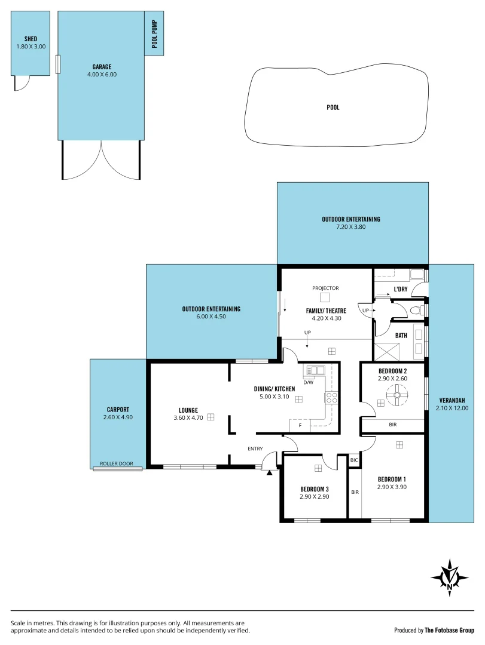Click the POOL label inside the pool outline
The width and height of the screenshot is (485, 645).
[333, 107]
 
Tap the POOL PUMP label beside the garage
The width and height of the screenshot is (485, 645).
[154, 34]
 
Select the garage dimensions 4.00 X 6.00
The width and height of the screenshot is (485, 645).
[102, 75]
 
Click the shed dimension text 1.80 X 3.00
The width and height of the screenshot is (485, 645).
[30, 46]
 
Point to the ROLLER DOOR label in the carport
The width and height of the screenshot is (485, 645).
[117, 463]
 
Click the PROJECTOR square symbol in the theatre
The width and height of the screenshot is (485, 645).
[325, 298]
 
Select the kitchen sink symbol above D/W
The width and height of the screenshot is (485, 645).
[315, 371]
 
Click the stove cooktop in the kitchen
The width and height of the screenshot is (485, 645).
[331, 398]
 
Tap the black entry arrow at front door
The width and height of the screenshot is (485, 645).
[270, 473]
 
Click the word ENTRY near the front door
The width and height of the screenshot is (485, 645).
[256, 449]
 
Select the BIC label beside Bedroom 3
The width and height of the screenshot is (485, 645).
[354, 460]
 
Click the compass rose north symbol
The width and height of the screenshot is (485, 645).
[450, 577]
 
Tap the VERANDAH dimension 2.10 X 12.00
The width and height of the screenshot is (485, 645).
[452, 408]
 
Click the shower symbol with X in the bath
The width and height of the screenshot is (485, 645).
[385, 351]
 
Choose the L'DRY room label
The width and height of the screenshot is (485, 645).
[401, 290]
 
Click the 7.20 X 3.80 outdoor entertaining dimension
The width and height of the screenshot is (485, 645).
[350, 227]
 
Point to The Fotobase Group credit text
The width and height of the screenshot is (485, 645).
[449, 630]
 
